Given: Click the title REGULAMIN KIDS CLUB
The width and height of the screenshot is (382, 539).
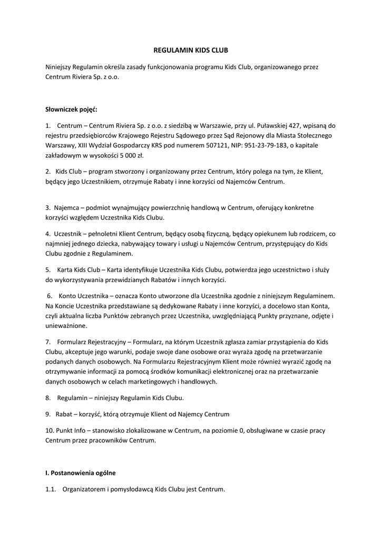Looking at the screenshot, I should pyautogui.click(x=191, y=51).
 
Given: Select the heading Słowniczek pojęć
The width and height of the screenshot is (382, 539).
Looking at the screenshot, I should pyautogui.click(x=71, y=109).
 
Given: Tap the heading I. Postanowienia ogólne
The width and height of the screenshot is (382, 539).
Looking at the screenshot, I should pyautogui.click(x=80, y=473).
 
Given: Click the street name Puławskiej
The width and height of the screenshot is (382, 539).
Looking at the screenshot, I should pyautogui.click(x=280, y=126).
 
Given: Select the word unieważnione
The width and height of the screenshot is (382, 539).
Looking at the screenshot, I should pyautogui.click(x=66, y=326).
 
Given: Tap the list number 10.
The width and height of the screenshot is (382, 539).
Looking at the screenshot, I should pyautogui.click(x=50, y=431).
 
